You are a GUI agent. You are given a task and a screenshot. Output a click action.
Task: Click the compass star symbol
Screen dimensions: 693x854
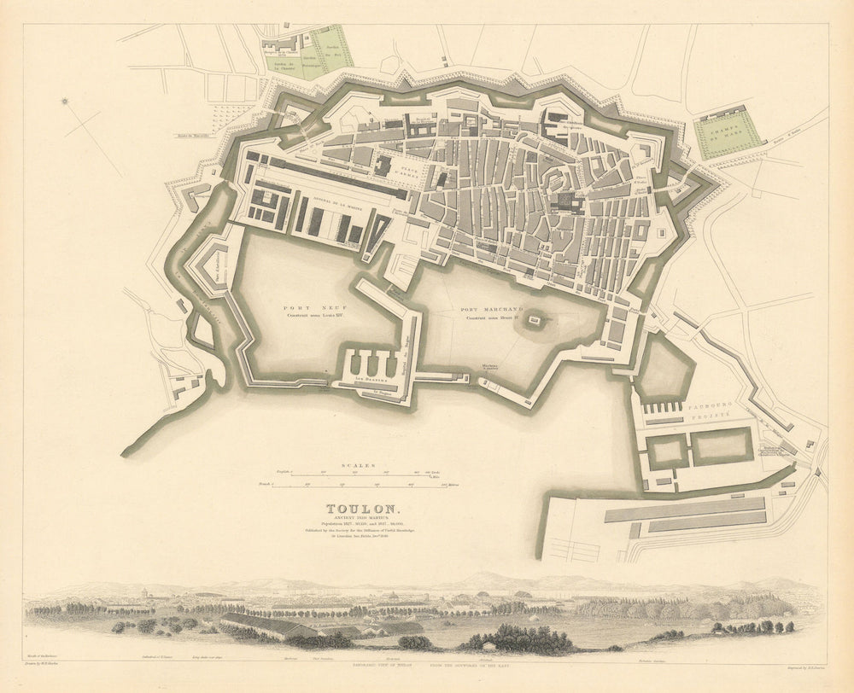[66, 103]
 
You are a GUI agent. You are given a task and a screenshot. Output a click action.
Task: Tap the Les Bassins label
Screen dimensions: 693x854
[372, 381]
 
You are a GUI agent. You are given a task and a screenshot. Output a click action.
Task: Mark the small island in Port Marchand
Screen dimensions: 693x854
[535, 322]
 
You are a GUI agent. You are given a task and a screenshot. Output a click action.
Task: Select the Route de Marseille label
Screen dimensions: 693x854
[194, 134]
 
